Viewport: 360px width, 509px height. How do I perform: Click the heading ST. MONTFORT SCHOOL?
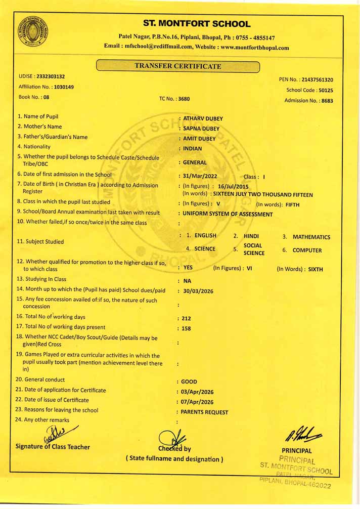point(197,24)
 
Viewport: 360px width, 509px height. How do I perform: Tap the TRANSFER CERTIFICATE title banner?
point(177,66)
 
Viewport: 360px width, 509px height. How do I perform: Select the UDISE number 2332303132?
point(51,76)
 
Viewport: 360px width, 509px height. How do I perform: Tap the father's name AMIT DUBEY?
point(199,139)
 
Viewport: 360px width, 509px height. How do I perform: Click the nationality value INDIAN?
point(192,149)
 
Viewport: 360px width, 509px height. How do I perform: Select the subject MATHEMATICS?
point(311,237)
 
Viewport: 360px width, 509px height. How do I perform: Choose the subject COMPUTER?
point(307,250)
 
